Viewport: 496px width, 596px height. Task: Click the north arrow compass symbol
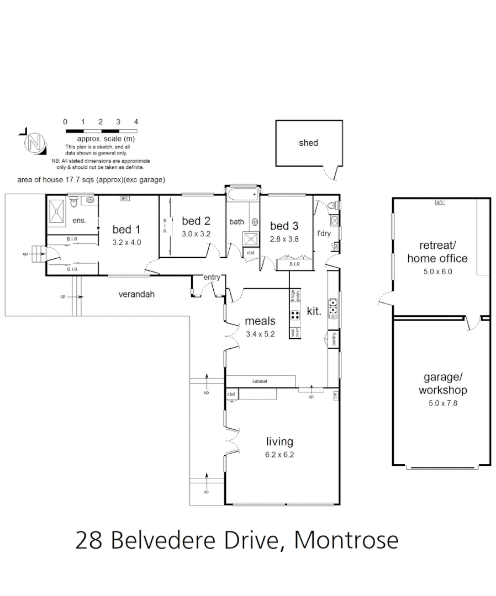34,143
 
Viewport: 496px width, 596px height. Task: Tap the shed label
308,143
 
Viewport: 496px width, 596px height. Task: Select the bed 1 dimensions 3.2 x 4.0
126,242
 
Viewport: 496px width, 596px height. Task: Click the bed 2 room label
196,221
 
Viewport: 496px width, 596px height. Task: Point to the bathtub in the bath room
242,194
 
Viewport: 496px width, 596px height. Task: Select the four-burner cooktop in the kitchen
295,316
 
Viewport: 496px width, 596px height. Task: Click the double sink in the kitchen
333,309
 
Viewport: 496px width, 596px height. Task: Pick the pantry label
334,339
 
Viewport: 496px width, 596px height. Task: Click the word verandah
136,295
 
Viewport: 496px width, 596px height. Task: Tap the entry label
212,277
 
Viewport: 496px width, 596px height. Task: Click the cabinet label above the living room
260,381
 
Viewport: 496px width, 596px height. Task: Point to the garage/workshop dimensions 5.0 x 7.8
442,403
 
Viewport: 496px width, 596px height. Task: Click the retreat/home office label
436,252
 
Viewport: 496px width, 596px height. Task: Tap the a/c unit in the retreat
440,203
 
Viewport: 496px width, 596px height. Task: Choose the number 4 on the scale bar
136,122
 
